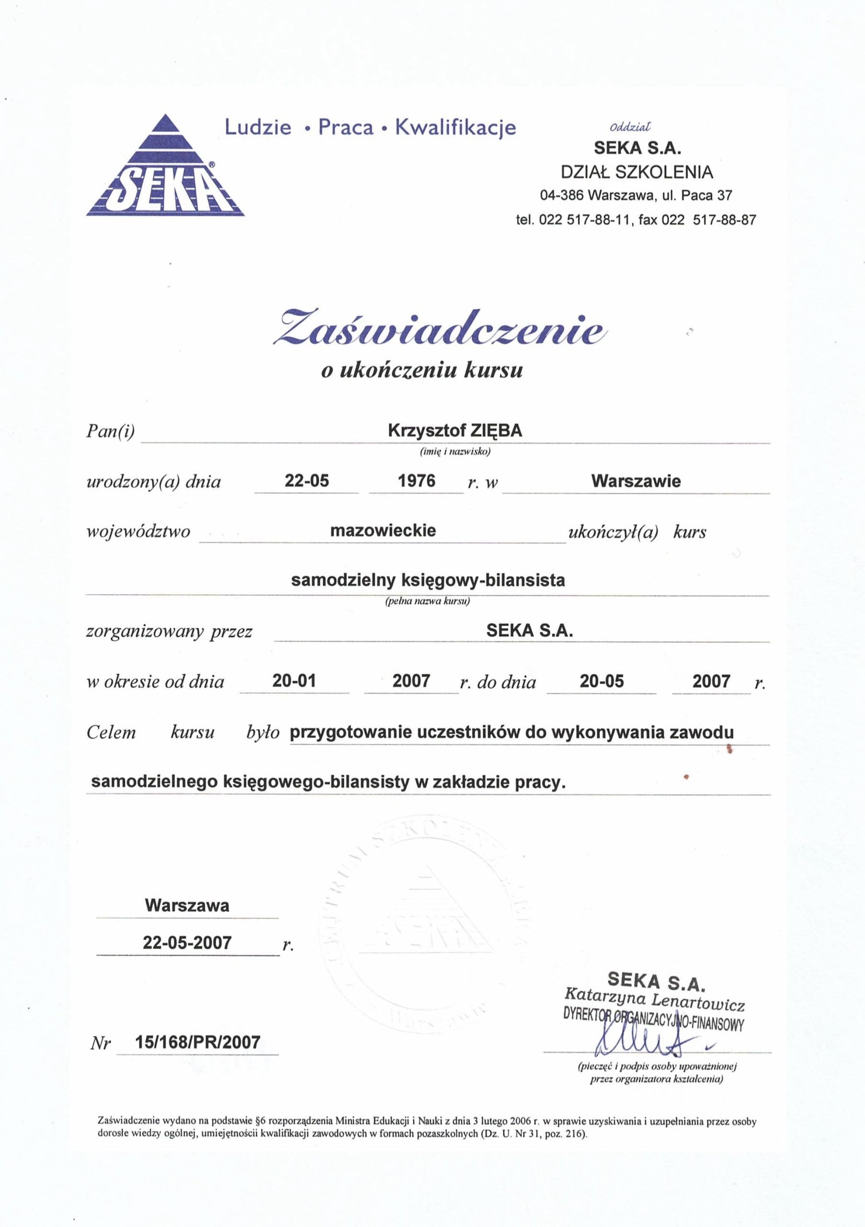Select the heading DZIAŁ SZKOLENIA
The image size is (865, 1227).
click(636, 172)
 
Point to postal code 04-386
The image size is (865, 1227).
click(562, 196)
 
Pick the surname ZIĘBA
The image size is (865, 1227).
click(497, 431)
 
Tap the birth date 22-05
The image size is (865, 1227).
click(307, 481)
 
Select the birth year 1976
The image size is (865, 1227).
click(417, 481)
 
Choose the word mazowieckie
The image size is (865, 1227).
click(382, 531)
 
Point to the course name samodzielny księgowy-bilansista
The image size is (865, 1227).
click(427, 580)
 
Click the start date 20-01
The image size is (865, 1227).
click(294, 681)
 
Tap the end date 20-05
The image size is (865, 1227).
click(601, 682)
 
